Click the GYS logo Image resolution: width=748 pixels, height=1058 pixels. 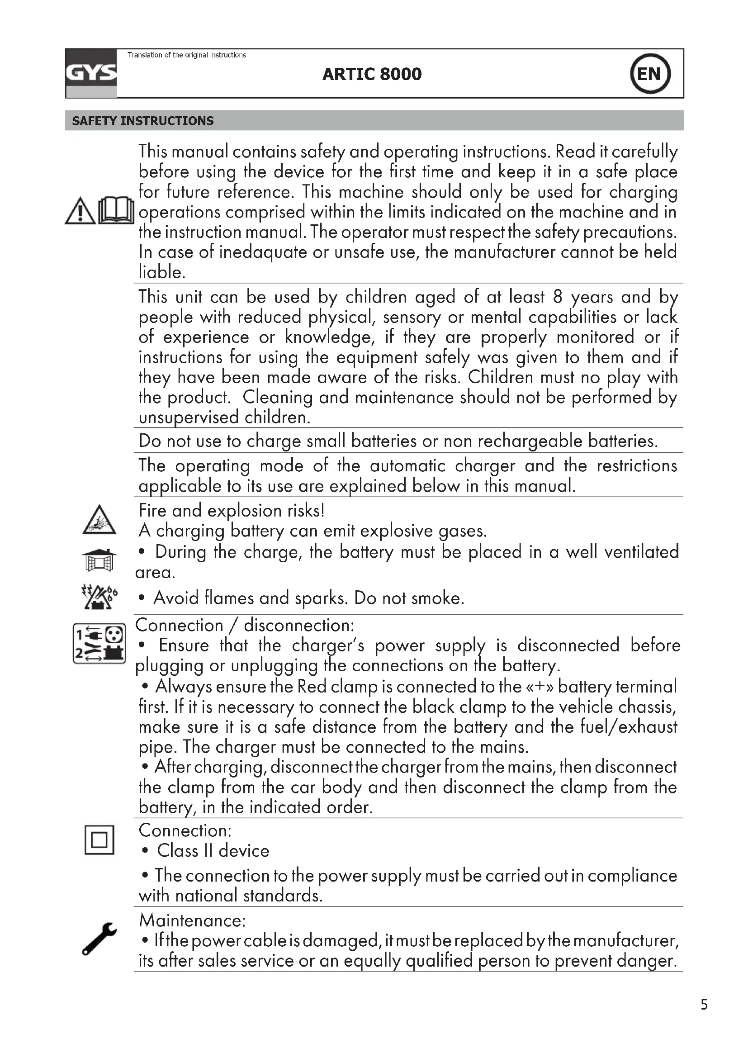click(91, 73)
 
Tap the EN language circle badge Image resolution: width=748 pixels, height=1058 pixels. click(650, 74)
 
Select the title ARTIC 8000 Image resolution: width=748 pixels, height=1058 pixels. click(372, 74)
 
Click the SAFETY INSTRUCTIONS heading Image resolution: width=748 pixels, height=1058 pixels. click(143, 121)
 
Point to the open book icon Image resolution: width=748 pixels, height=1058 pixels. click(116, 211)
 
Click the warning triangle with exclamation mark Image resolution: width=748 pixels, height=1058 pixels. click(80, 212)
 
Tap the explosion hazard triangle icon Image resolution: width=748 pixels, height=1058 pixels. click(99, 521)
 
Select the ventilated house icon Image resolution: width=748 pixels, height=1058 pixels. click(99, 560)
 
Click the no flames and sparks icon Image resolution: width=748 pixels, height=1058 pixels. click(99, 597)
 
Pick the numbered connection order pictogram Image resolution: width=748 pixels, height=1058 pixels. click(99, 643)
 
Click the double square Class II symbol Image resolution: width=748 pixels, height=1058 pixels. click(99, 840)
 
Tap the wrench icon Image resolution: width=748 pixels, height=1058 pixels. click(99, 939)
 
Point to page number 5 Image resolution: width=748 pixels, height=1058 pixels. click(704, 1005)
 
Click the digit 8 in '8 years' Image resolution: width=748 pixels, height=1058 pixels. click(557, 297)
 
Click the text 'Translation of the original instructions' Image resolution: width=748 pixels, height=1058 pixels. click(186, 55)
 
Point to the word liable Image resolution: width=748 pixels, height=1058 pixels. click(161, 272)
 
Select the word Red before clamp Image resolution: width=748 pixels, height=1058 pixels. click(312, 687)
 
